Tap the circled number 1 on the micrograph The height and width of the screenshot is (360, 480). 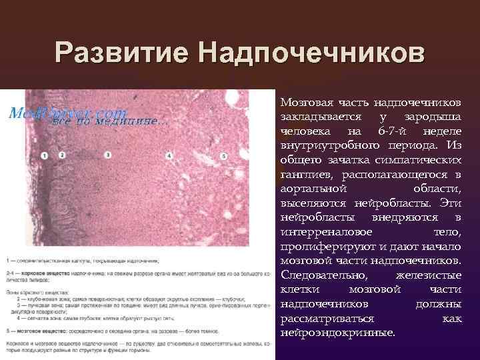point(44,155)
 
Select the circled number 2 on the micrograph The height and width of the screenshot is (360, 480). point(61,154)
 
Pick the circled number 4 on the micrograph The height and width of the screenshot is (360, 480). point(169,156)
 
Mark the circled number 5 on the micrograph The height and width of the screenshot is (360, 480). point(223,156)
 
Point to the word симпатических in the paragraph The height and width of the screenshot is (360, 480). point(421,161)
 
